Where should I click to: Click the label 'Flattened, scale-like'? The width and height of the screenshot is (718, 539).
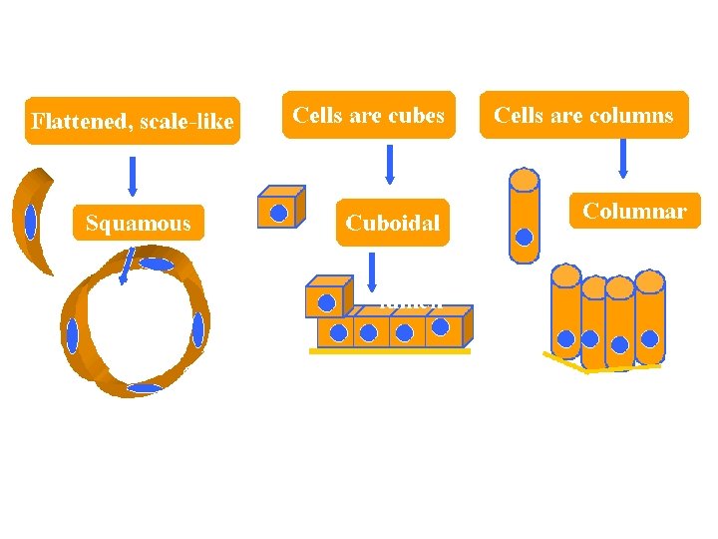pos(132,122)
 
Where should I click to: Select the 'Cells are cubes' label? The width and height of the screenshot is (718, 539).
pos(368,116)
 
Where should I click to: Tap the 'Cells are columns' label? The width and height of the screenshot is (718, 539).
pos(584,116)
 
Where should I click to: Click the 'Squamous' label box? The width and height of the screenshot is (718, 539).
pos(138,223)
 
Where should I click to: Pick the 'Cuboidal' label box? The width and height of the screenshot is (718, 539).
pos(392,223)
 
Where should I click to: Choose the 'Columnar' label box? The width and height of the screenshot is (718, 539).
pos(634,212)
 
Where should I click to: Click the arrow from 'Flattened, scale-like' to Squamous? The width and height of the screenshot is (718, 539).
pos(133,175)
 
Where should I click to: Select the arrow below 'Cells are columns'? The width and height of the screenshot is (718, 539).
pos(623,159)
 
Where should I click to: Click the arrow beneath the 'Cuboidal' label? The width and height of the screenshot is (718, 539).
pos(372,270)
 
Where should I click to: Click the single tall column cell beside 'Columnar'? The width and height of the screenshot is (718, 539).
pos(525,216)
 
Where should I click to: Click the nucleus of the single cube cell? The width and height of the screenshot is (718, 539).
pos(279,213)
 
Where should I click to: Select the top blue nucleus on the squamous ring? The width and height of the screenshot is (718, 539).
pos(156,265)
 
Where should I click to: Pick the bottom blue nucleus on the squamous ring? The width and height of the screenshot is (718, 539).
pos(146,387)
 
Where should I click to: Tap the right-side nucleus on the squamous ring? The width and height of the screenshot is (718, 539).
pos(197,328)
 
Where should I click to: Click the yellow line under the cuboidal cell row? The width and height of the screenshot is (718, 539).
pos(389,351)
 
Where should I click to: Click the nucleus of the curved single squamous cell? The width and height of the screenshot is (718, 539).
pos(31,222)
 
